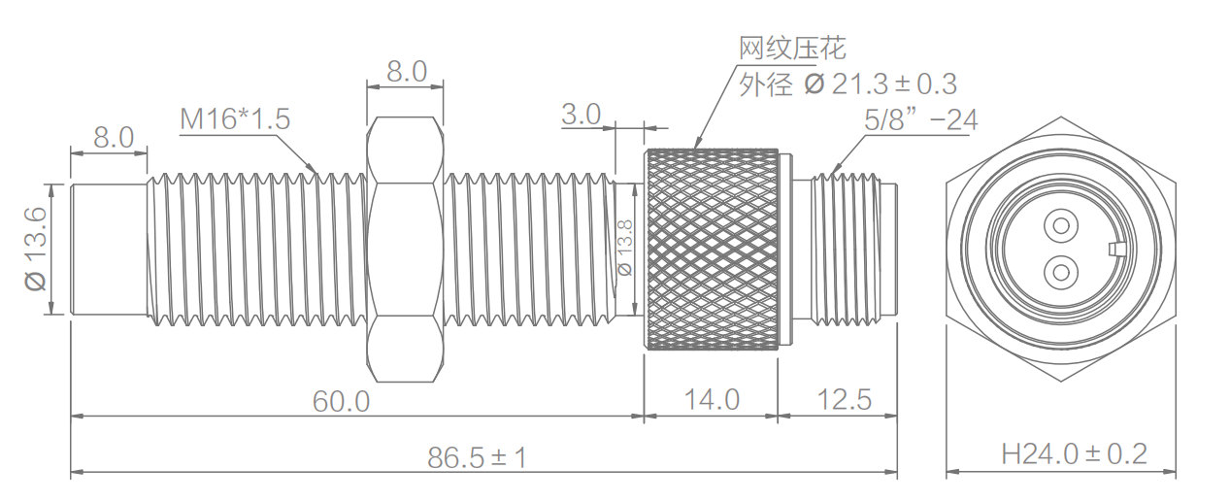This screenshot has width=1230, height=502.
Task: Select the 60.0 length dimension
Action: click(341, 400)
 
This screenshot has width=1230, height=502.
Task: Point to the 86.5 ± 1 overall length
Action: click(477, 457)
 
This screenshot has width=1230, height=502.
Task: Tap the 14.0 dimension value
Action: click(712, 399)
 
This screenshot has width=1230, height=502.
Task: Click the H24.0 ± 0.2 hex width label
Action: click(1075, 453)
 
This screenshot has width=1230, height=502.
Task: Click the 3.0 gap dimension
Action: click(582, 114)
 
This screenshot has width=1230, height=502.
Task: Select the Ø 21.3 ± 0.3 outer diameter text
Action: click(848, 84)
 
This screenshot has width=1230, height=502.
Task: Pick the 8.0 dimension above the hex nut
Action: click(406, 71)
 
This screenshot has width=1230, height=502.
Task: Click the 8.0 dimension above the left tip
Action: click(113, 137)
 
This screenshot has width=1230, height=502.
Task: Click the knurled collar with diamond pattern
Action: click(712, 248)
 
